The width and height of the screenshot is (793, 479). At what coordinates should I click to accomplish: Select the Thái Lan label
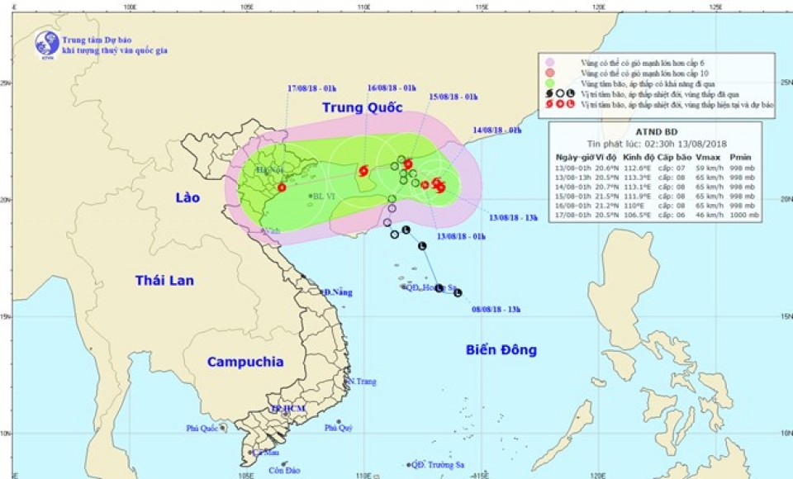coord(164,281)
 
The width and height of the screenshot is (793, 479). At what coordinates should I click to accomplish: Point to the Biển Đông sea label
coord(494,350)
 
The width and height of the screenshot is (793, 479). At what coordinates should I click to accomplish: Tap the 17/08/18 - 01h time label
coord(311,88)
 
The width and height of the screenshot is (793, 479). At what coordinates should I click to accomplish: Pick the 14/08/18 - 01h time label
coord(497,130)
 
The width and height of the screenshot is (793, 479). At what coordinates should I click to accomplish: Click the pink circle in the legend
coord(546,63)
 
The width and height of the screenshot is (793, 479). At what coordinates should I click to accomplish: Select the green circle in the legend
coord(546,84)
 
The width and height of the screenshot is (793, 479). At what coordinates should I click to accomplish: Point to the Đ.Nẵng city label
coord(338,293)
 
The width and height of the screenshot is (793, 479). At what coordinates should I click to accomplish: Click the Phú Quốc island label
coord(202,428)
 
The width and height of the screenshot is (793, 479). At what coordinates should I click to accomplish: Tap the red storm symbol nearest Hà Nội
coord(282,187)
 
